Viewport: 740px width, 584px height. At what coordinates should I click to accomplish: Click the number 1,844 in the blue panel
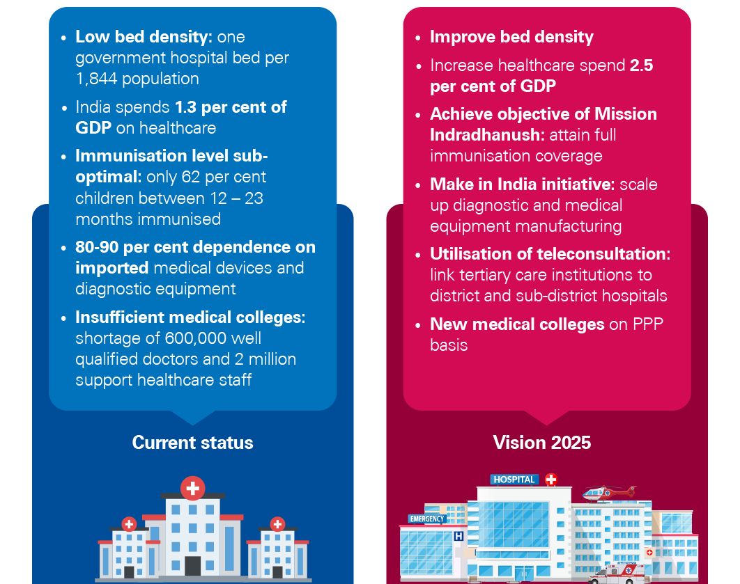click(x=100, y=79)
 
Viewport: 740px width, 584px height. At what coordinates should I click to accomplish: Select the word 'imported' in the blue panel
click(x=111, y=268)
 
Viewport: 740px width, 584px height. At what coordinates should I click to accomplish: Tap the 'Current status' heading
click(x=192, y=443)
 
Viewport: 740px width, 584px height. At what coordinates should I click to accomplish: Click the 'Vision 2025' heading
click(x=541, y=443)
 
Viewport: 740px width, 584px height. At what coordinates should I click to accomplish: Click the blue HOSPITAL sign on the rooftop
click(x=515, y=479)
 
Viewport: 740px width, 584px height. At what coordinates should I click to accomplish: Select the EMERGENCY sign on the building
click(x=426, y=519)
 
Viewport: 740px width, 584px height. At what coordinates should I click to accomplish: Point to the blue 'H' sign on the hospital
click(x=458, y=536)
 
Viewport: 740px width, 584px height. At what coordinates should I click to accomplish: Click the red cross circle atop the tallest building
click(x=192, y=488)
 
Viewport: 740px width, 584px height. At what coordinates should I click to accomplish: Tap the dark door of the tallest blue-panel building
click(x=192, y=565)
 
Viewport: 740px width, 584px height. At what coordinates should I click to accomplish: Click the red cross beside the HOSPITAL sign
click(x=551, y=479)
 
